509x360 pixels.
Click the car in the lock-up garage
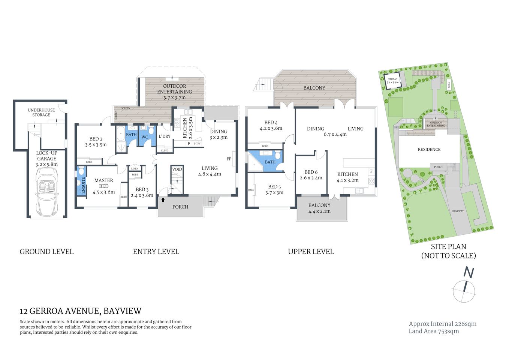(x=46, y=191)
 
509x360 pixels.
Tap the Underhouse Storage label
(x=41, y=112)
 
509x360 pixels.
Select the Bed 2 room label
(x=96, y=141)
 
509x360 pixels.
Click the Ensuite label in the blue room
(x=83, y=185)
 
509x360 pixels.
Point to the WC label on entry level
(x=145, y=137)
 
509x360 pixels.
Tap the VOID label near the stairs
(x=177, y=169)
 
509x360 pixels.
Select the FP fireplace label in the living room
(x=229, y=159)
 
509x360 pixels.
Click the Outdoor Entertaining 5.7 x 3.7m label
(x=174, y=92)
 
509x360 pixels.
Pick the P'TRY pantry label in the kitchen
(x=197, y=144)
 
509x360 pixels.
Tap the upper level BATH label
(x=270, y=162)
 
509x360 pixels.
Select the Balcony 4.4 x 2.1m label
(x=319, y=208)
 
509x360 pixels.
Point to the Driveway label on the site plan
(x=457, y=211)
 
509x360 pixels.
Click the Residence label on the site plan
(x=429, y=149)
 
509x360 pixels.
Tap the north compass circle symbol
(x=464, y=292)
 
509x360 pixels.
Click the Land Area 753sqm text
(x=434, y=331)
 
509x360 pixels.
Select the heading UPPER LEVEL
(x=311, y=252)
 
